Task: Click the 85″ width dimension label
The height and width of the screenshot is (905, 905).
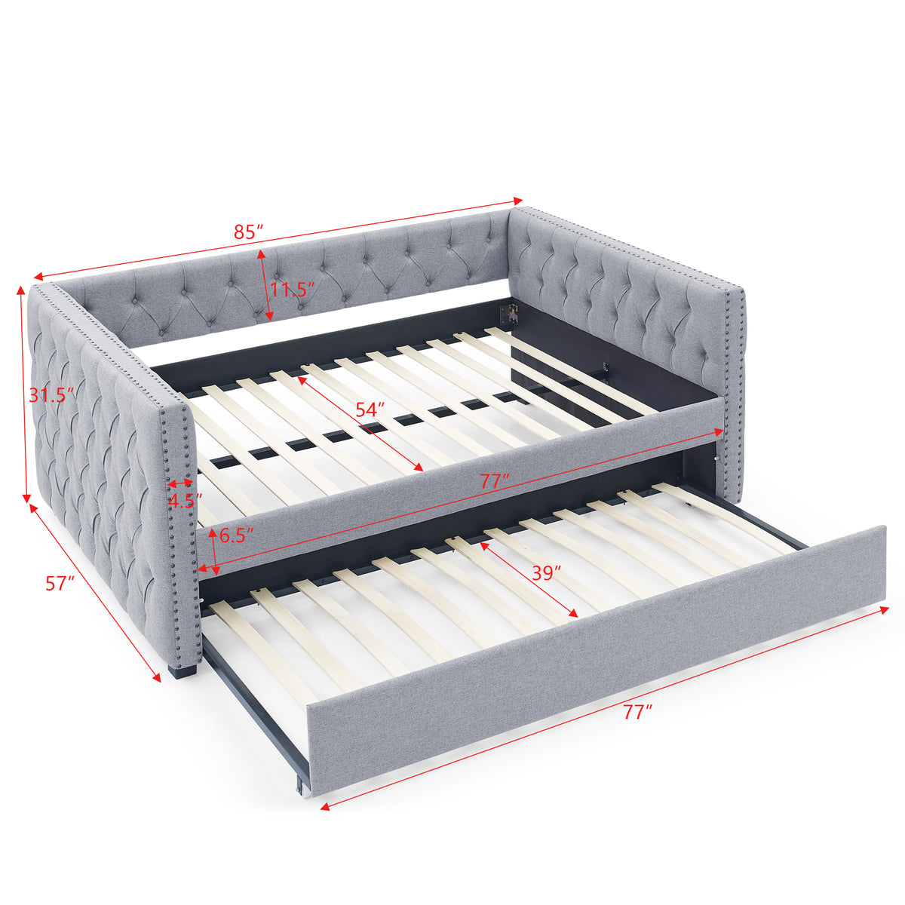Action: coord(248,231)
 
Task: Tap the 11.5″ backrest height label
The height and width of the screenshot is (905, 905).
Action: coord(293,289)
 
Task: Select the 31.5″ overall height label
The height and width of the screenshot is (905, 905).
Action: coord(52,394)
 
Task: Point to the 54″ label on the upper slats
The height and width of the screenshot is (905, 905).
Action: coord(370,410)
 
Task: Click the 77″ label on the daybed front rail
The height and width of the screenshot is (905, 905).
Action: coord(495,480)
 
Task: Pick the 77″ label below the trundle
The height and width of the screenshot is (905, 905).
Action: coord(637,712)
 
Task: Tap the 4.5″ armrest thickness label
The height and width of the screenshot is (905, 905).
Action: coord(185,501)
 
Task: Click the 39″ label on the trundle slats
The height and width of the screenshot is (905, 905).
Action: coord(547,572)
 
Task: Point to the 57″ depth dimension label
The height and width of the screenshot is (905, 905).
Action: coord(60,582)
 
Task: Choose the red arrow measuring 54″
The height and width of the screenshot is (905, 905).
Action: coord(360,424)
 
